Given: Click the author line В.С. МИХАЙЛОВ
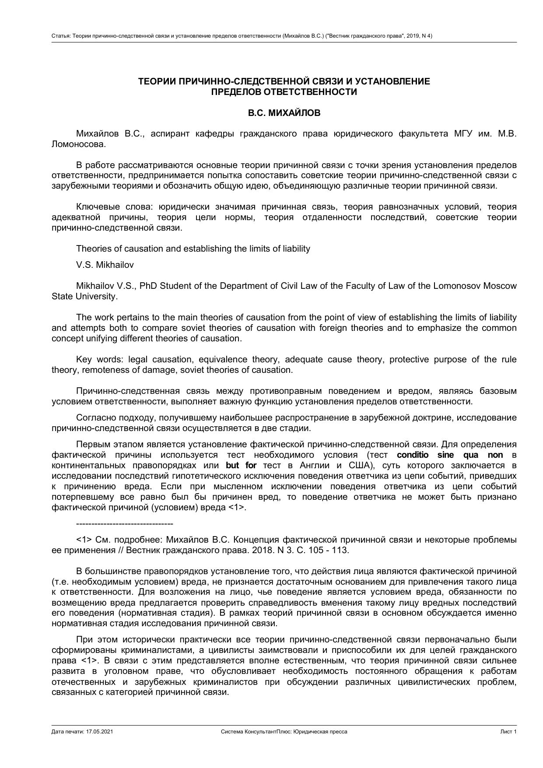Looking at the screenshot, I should coord(284,113).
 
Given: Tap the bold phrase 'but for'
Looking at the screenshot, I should coord(241,465).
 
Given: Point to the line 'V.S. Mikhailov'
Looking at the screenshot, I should coord(105,265).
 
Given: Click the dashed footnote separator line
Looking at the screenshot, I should coord(124,524).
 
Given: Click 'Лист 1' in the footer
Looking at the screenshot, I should coord(508,732).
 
